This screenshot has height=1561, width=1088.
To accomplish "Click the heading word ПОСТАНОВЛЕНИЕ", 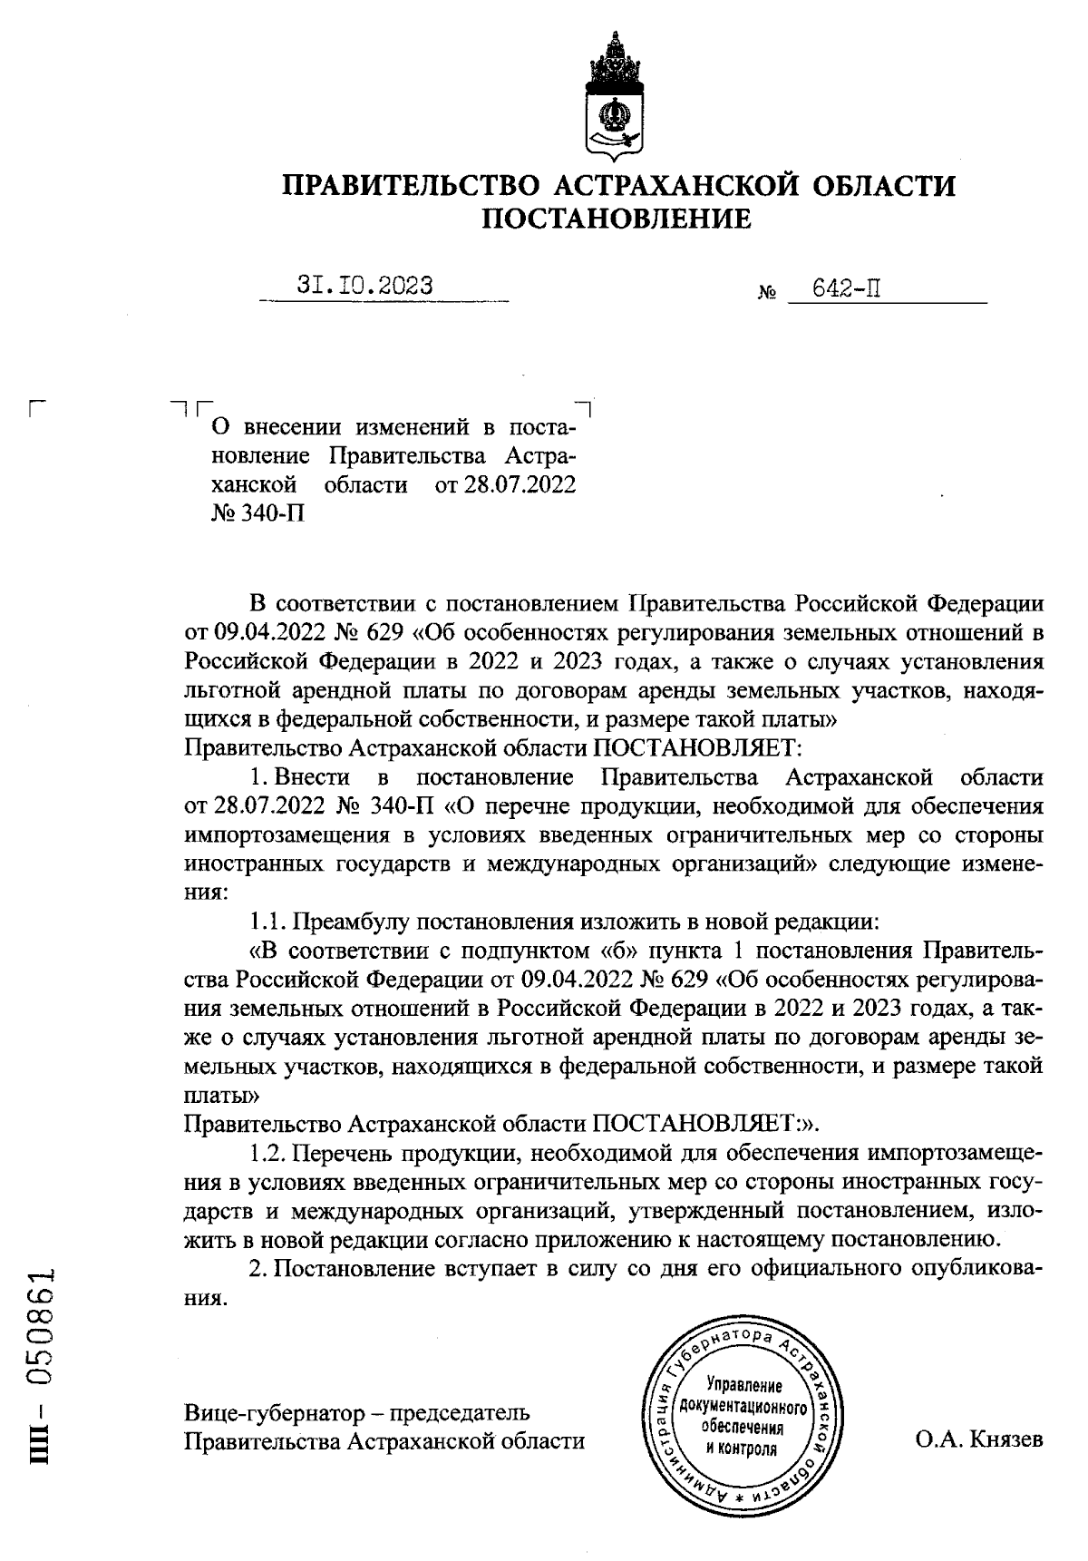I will (x=616, y=219).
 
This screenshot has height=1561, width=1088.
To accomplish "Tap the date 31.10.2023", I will (x=365, y=286).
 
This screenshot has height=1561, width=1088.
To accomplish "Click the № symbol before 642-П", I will (x=766, y=294).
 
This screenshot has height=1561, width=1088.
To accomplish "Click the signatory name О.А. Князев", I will (x=979, y=1439).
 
